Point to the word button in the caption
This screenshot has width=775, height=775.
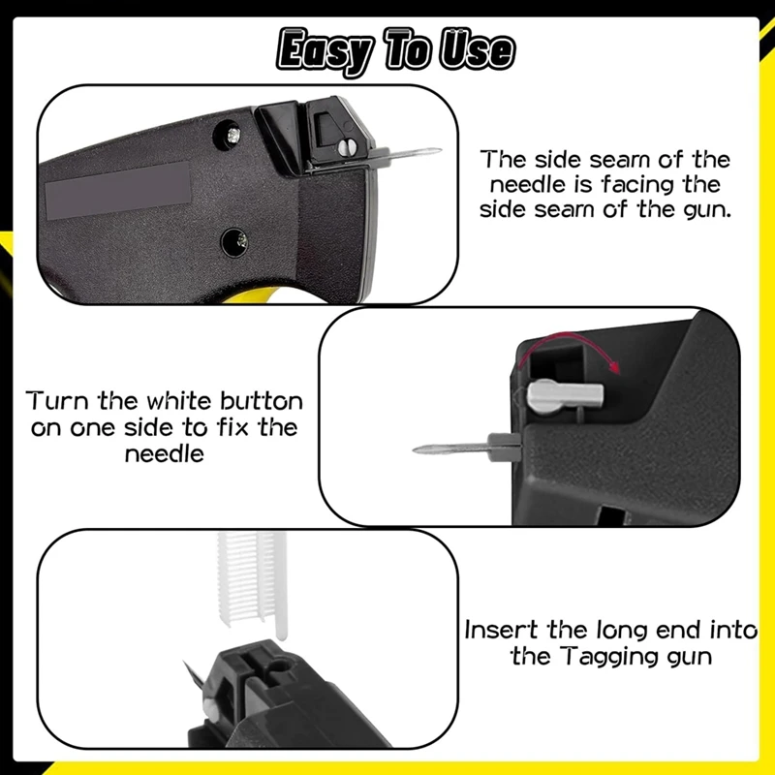coord(254,401)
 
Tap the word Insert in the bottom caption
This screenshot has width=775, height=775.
coord(503,630)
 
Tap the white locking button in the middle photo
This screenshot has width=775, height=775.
coord(566,394)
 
